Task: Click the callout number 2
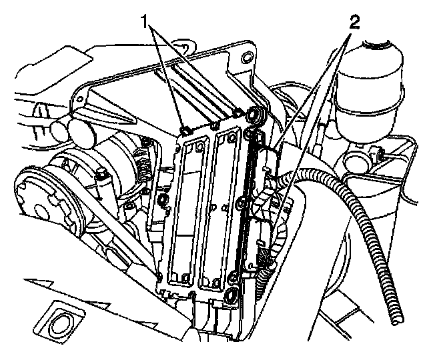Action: (x=354, y=22)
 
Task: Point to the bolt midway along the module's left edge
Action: (x=162, y=199)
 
